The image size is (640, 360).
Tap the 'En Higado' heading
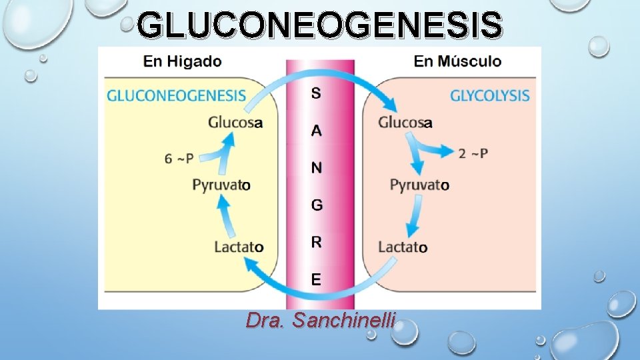[x=183, y=61]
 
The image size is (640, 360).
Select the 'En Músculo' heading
[x=457, y=61]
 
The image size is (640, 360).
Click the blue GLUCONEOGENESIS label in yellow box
[x=177, y=95]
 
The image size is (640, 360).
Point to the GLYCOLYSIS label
[x=490, y=95]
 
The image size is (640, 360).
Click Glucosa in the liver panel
[x=235, y=122]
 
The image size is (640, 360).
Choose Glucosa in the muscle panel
[x=405, y=122]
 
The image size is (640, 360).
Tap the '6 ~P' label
[x=179, y=158]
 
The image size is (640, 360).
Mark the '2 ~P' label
[x=473, y=154]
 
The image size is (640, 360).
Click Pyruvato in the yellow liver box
[x=221, y=185]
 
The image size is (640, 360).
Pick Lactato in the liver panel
[x=239, y=247]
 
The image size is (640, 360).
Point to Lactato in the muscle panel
[x=403, y=247]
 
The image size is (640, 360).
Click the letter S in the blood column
[x=316, y=93]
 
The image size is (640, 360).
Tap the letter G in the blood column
[x=317, y=205]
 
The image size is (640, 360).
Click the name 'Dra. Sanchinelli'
[x=320, y=321]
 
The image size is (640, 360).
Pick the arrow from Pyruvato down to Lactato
[x=415, y=216]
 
